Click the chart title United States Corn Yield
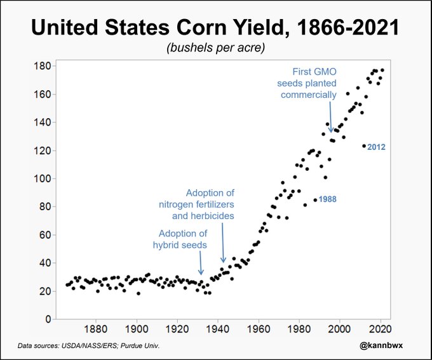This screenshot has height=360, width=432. tap(216, 28)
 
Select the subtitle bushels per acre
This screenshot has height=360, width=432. tap(216, 48)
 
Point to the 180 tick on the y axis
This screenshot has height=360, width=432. tap(43, 66)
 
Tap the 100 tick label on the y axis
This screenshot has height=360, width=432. tap(43, 178)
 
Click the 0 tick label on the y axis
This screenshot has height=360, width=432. tap(47, 319)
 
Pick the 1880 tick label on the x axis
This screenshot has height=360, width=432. tap(96, 330)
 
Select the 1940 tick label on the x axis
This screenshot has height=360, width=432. tap(219, 330)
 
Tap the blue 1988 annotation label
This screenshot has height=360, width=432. tap(328, 199)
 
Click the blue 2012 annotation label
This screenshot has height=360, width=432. tap(377, 147)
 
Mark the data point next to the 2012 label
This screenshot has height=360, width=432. tap(364, 146)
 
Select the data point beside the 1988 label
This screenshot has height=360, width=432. tap(315, 200)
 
